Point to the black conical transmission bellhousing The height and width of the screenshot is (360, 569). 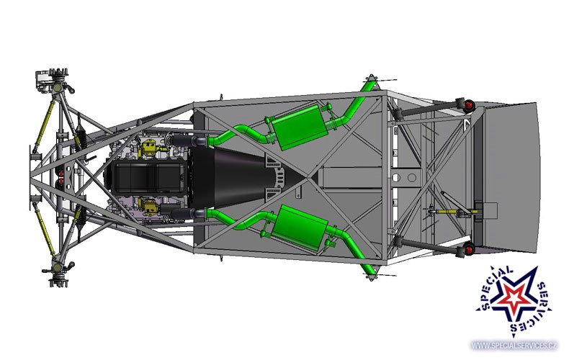pos(251,178)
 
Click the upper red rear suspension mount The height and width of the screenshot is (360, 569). pos(469,105)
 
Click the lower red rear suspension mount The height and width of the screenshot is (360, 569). pos(469,250)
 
